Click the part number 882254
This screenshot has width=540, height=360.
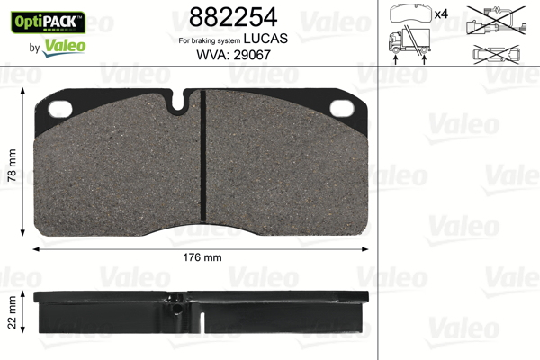tap(233, 17)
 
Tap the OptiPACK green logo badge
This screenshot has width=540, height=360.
tap(48, 22)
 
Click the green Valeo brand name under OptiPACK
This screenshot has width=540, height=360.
tap(64, 47)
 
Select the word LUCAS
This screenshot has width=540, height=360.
tap(265, 39)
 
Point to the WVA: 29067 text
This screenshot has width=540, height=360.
tap(233, 55)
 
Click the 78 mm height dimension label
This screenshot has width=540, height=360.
tap(12, 166)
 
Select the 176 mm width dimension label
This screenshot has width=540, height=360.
tap(202, 257)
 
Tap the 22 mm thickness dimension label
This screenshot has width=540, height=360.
tap(12, 312)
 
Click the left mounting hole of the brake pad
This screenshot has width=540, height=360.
tap(60, 109)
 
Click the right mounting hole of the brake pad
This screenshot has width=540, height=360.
tap(342, 108)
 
